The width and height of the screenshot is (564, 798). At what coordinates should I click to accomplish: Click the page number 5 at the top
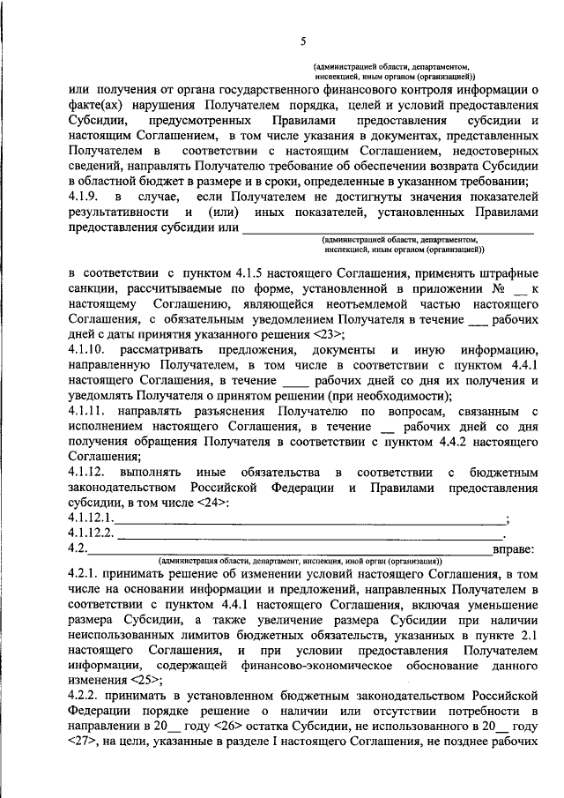pyautogui.click(x=302, y=41)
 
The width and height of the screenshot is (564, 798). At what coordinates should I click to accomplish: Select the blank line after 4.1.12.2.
pyautogui.click(x=308, y=535)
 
